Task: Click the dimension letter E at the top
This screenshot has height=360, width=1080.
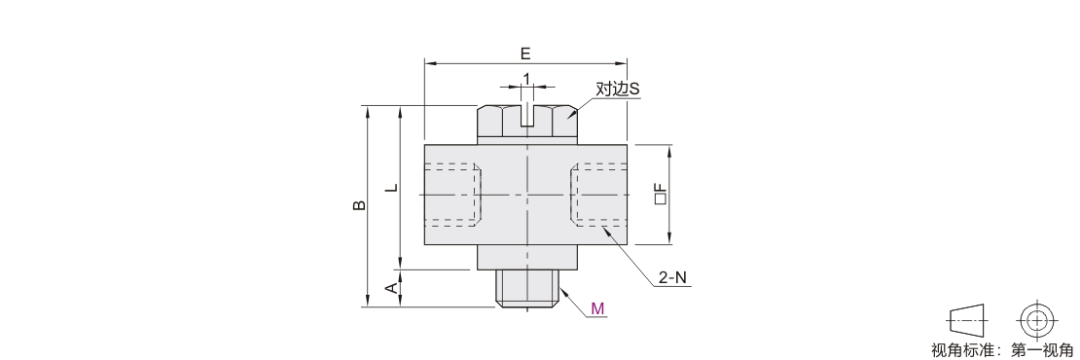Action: pyautogui.click(x=525, y=54)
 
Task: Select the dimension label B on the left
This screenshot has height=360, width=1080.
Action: pyautogui.click(x=359, y=205)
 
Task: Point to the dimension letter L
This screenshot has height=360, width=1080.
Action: pyautogui.click(x=391, y=187)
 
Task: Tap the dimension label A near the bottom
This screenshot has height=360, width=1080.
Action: pyautogui.click(x=391, y=288)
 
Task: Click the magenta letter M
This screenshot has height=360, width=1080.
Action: pyautogui.click(x=597, y=308)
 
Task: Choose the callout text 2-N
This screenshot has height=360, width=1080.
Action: pyautogui.click(x=673, y=278)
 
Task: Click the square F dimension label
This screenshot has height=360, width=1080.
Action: pyautogui.click(x=661, y=195)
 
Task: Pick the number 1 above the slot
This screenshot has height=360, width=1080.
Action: pyautogui.click(x=527, y=79)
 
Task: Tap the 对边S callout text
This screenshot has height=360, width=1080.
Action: pyautogui.click(x=618, y=89)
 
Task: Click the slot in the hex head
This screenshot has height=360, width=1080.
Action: pyautogui.click(x=527, y=116)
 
